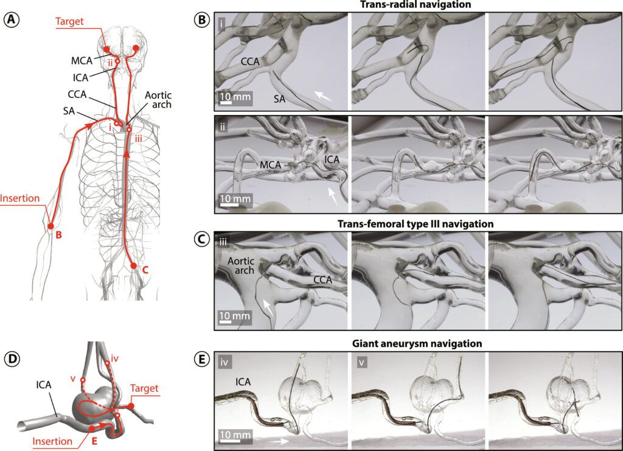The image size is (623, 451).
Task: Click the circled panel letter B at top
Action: tap(201, 19)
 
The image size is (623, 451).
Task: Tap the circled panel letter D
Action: tap(12, 359)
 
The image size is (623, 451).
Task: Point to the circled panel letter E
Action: tap(201, 359)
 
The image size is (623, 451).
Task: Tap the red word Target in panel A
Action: tap(70, 21)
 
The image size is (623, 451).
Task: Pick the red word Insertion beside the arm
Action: tap(19, 198)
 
